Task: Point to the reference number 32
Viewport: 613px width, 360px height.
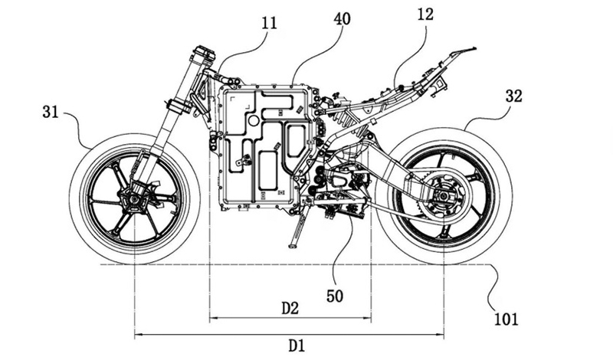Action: pyautogui.click(x=515, y=96)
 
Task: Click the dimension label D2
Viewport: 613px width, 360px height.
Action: pyautogui.click(x=290, y=308)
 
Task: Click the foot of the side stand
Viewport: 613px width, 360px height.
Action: pyautogui.click(x=292, y=246)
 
